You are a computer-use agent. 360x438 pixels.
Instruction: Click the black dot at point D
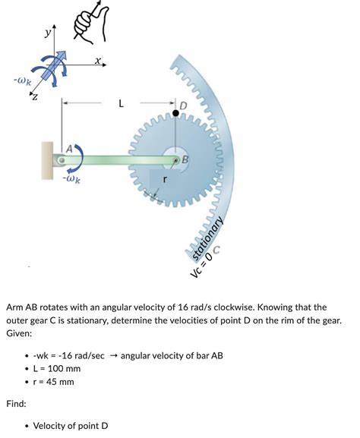pos(175,113)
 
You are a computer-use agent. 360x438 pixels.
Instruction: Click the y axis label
pos(47,33)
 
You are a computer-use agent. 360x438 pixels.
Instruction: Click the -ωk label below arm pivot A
pos(74,180)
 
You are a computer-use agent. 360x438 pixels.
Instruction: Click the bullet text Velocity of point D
pos(71,425)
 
